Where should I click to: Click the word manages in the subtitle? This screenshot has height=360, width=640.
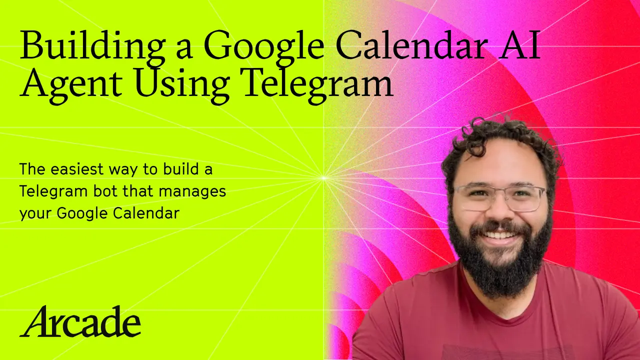click(198, 191)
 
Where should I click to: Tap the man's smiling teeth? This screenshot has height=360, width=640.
click(500, 234)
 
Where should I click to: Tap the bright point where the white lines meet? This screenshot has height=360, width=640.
click(324, 177)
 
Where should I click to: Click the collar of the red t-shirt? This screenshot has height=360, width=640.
click(500, 295)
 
